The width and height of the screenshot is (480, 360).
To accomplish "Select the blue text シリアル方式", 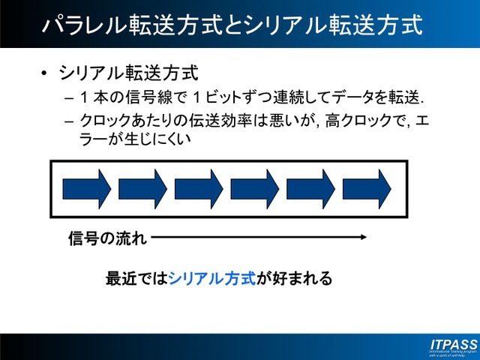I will tap(212, 279).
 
